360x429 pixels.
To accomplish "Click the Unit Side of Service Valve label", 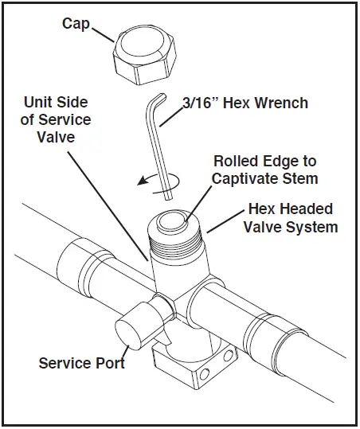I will (x=57, y=119).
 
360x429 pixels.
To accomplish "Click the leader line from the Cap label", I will (x=104, y=34).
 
